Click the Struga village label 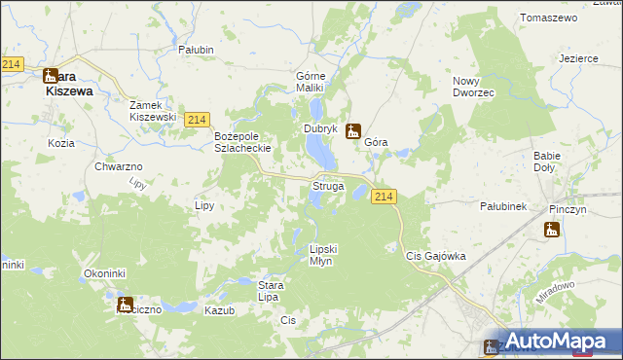tap(326, 185)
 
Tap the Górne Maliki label tap(315, 82)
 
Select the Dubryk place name tap(319, 128)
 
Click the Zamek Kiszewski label tap(153, 110)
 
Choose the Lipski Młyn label tap(326, 254)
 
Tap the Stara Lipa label tap(271, 291)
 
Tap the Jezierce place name tap(578, 58)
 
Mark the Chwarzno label tap(119, 167)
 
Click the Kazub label tap(220, 308)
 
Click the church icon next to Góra tap(354, 130)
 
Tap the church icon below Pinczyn tap(552, 230)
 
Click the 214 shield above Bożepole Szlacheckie tap(197, 119)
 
